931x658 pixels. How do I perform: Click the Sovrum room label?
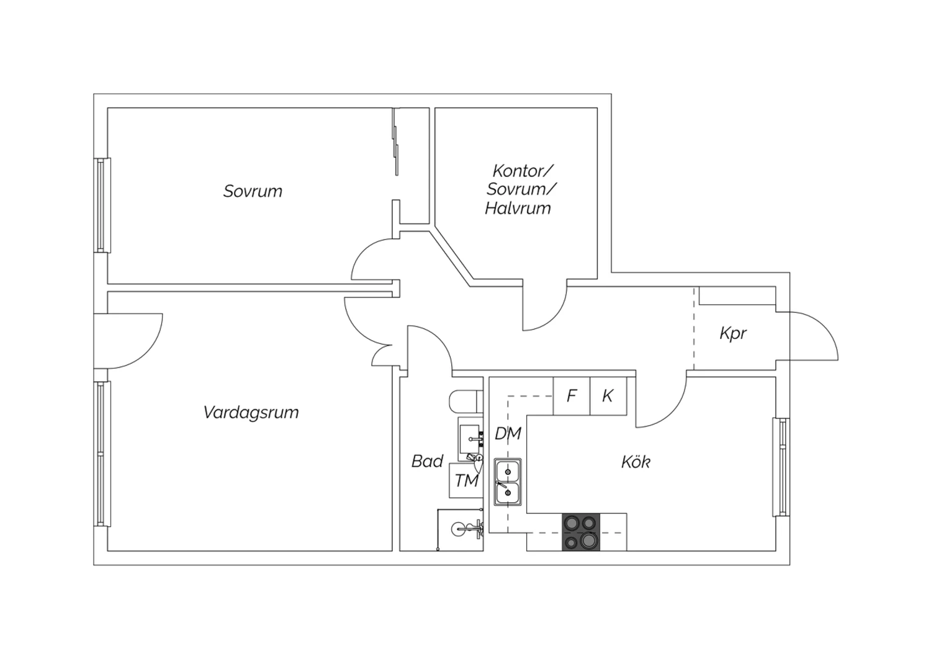click(253, 191)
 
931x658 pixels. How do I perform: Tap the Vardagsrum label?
click(251, 413)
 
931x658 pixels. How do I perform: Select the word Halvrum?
click(518, 208)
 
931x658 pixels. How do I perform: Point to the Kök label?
click(636, 462)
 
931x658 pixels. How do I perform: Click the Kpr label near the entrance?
click(733, 333)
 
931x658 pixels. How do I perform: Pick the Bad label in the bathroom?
click(427, 461)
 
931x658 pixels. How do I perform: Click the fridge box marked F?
click(572, 396)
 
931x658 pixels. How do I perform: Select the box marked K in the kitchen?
click(608, 396)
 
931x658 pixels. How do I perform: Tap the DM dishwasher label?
click(508, 433)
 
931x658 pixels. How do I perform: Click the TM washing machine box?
click(466, 480)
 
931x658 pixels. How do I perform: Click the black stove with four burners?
click(581, 532)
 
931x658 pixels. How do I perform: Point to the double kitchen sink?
click(508, 482)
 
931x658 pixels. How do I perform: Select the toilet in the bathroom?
click(466, 401)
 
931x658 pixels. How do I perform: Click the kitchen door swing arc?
click(673, 412)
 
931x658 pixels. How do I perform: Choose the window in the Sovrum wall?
click(102, 205)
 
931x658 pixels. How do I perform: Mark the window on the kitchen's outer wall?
click(781, 467)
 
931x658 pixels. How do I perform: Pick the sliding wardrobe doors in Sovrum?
click(395, 142)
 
